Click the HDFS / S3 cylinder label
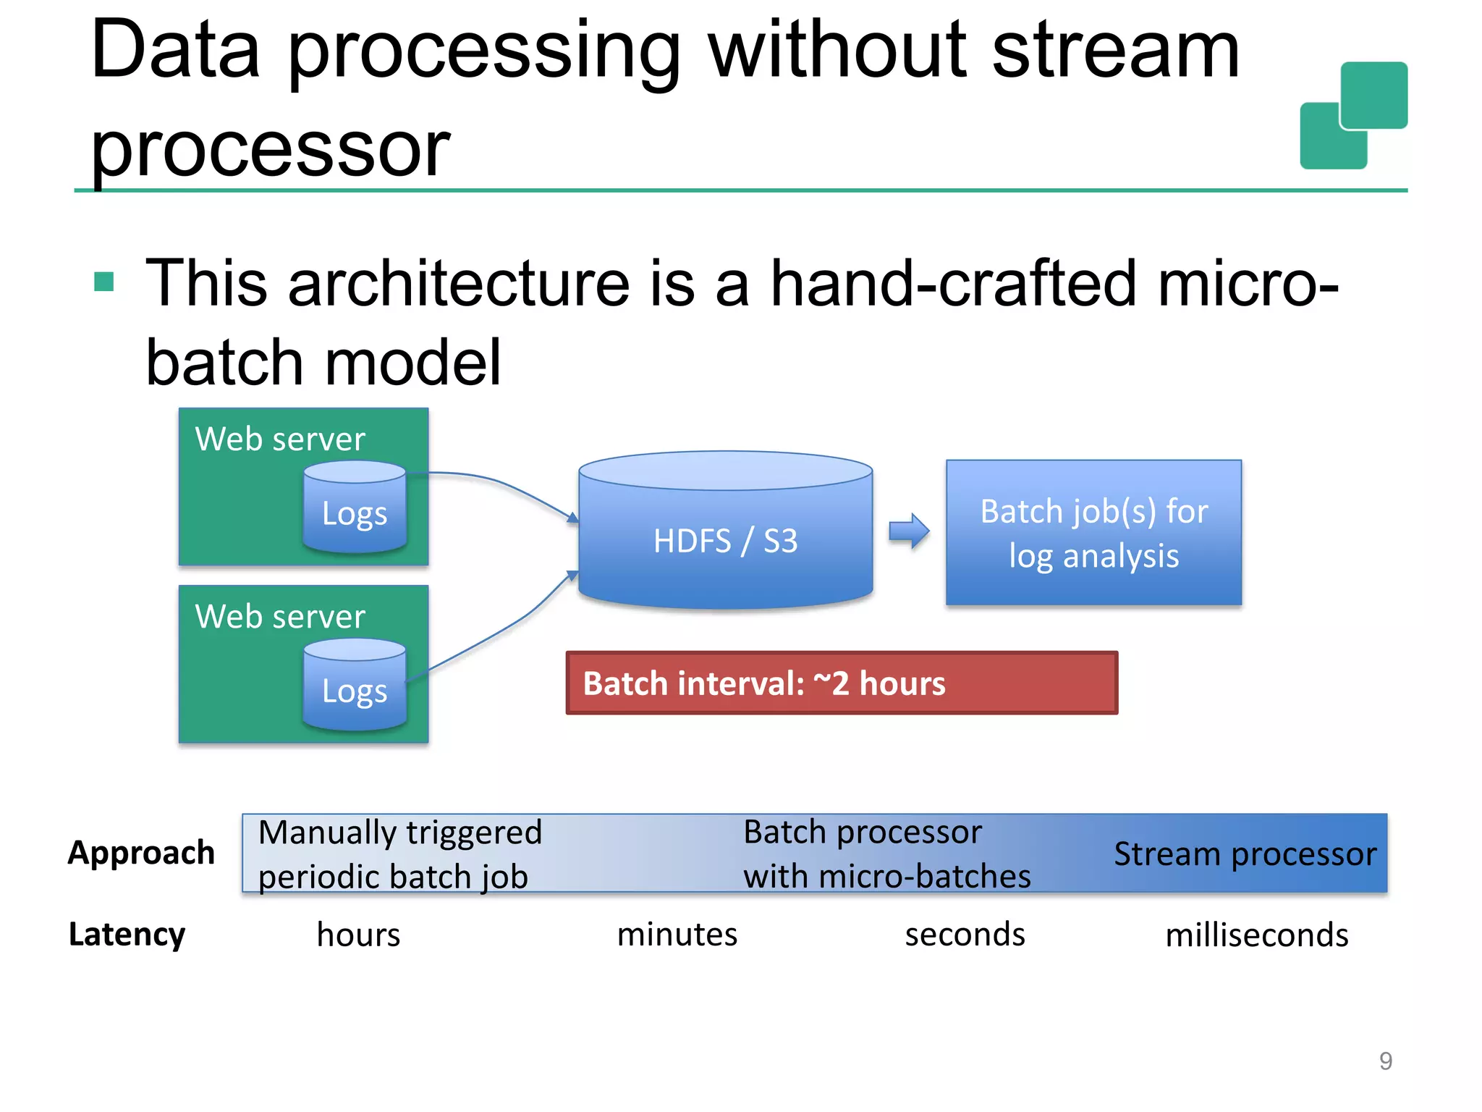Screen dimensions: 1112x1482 [x=725, y=541]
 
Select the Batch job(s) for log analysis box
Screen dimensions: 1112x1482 [x=1093, y=533]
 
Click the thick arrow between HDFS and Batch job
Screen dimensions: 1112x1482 [x=909, y=532]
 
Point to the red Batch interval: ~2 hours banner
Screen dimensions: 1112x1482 [x=842, y=683]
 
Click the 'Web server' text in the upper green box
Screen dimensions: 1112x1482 [x=280, y=439]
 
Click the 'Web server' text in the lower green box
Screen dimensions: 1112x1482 [x=280, y=617]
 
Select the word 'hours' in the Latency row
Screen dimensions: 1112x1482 [x=358, y=935]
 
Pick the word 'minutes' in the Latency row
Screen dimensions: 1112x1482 [x=677, y=935]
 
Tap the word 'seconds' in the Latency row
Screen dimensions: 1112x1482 [x=965, y=935]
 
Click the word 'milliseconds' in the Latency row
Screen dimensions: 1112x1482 [x=1256, y=935]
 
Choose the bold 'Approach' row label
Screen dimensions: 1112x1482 [x=141, y=853]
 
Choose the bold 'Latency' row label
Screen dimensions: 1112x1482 [x=127, y=935]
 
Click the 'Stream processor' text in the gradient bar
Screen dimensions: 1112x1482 [x=1245, y=854]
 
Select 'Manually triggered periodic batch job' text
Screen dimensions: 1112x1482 [x=399, y=854]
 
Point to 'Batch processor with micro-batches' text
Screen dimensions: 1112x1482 [x=886, y=854]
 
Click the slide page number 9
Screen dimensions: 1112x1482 [x=1385, y=1061]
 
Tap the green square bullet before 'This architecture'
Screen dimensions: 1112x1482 [x=104, y=282]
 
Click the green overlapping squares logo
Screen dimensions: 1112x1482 [x=1353, y=116]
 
